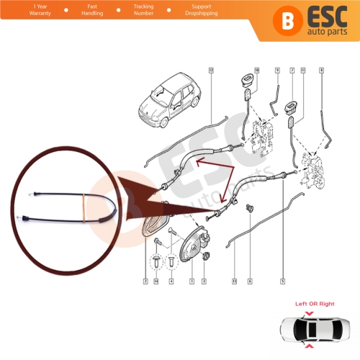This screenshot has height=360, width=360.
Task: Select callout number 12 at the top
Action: pos(210,70)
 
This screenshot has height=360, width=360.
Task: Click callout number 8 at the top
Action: pos(321,70)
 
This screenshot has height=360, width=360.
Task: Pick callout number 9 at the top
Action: pos(276,70)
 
